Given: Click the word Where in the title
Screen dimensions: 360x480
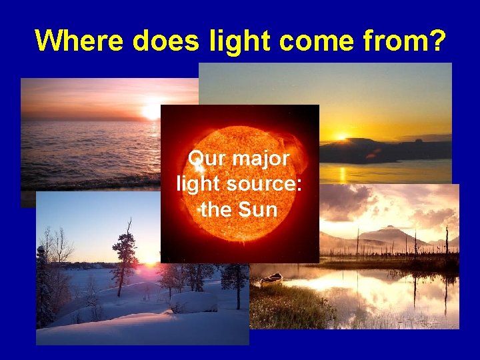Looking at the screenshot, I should (x=80, y=41).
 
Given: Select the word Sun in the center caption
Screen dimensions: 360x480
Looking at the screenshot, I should (x=256, y=209).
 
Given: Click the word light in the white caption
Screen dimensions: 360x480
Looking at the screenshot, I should (x=199, y=184).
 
